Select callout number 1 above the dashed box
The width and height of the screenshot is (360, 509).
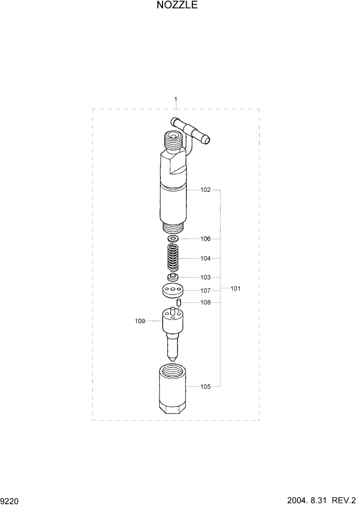point(176,99)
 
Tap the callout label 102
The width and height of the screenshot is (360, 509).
point(205,190)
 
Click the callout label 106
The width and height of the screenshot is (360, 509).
point(205,239)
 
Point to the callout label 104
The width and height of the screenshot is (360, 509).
point(205,258)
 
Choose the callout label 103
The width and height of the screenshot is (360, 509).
point(205,277)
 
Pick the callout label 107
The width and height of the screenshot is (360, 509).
point(205,290)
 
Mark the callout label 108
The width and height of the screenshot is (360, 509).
point(205,302)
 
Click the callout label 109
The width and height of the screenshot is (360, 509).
point(140,321)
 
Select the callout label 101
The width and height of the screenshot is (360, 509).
point(235,288)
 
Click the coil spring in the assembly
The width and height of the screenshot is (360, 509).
point(174,258)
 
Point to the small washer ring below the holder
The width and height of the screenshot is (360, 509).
point(173,239)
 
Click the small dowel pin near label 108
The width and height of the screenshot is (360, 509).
point(179,303)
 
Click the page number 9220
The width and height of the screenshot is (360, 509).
point(10,500)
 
